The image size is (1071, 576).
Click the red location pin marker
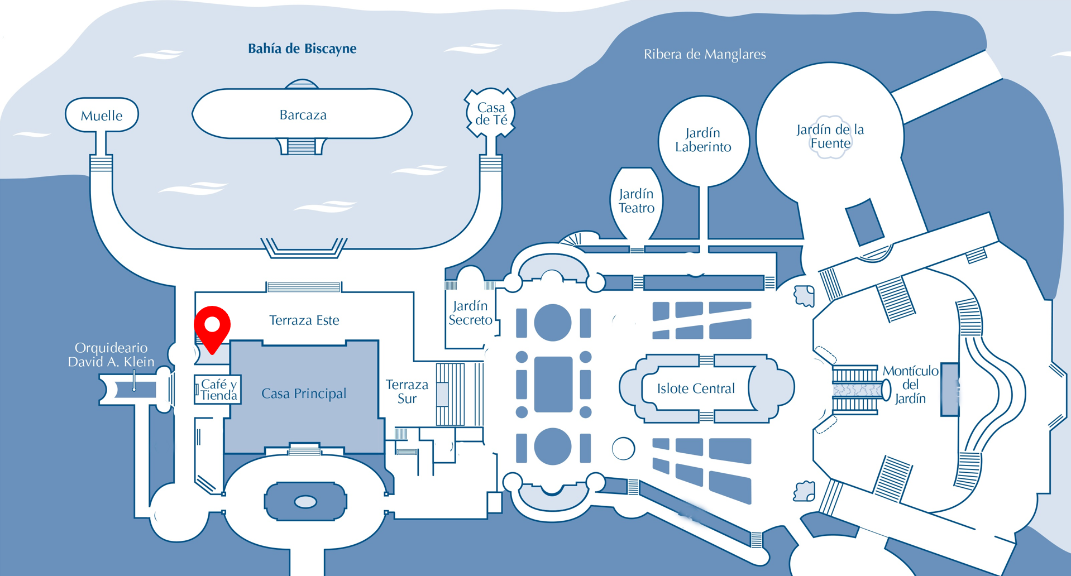(x=212, y=327)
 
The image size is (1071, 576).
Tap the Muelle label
(x=102, y=116)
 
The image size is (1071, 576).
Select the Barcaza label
(x=303, y=115)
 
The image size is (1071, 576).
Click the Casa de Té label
(x=491, y=113)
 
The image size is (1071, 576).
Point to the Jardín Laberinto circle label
(x=703, y=140)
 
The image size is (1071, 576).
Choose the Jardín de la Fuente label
(x=830, y=136)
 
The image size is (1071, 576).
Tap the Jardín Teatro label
(x=637, y=201)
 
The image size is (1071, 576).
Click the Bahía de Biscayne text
(x=302, y=49)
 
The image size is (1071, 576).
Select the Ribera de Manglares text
(x=705, y=54)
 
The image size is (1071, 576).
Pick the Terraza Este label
(x=304, y=320)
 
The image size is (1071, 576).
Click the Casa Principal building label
(x=304, y=393)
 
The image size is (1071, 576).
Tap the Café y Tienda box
(x=218, y=390)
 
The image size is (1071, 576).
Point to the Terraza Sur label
(x=407, y=391)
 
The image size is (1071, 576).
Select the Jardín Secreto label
(x=470, y=313)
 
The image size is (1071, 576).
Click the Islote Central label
(x=696, y=388)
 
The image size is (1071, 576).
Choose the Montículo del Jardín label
(x=910, y=385)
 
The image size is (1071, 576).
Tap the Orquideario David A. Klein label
(x=111, y=355)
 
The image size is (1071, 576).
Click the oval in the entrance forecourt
(x=305, y=502)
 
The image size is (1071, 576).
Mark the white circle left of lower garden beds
(x=623, y=448)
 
